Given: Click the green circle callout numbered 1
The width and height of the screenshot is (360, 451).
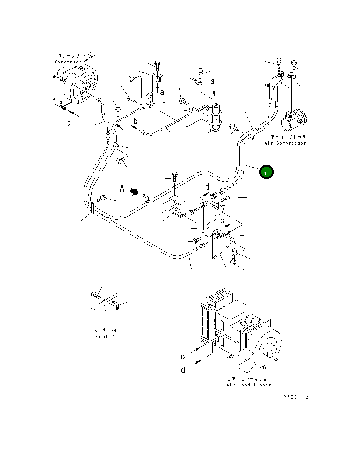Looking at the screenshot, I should [x=266, y=172].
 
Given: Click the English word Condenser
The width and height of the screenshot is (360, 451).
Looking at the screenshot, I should [x=68, y=62].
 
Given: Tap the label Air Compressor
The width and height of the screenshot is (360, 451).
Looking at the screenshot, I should [x=285, y=143].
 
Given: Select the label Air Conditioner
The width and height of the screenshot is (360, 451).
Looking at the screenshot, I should [x=249, y=385].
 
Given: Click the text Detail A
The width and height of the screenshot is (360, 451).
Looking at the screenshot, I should [x=105, y=337].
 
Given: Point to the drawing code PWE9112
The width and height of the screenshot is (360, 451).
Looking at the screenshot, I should [x=296, y=397].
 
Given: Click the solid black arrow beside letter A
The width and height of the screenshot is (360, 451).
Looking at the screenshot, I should [x=134, y=191].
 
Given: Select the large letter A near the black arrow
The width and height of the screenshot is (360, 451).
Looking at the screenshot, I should [x=122, y=189].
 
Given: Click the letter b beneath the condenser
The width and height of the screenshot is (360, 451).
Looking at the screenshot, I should [x=69, y=123].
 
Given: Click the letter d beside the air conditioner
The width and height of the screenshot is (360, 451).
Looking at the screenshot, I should [x=183, y=370].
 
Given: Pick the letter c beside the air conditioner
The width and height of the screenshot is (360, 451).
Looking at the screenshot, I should [x=182, y=357].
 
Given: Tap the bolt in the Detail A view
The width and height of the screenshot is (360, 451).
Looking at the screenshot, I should [x=95, y=296].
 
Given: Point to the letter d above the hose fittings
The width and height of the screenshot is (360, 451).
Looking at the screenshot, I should [x=207, y=187].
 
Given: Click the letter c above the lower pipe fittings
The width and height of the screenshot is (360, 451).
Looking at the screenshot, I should [x=222, y=221].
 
